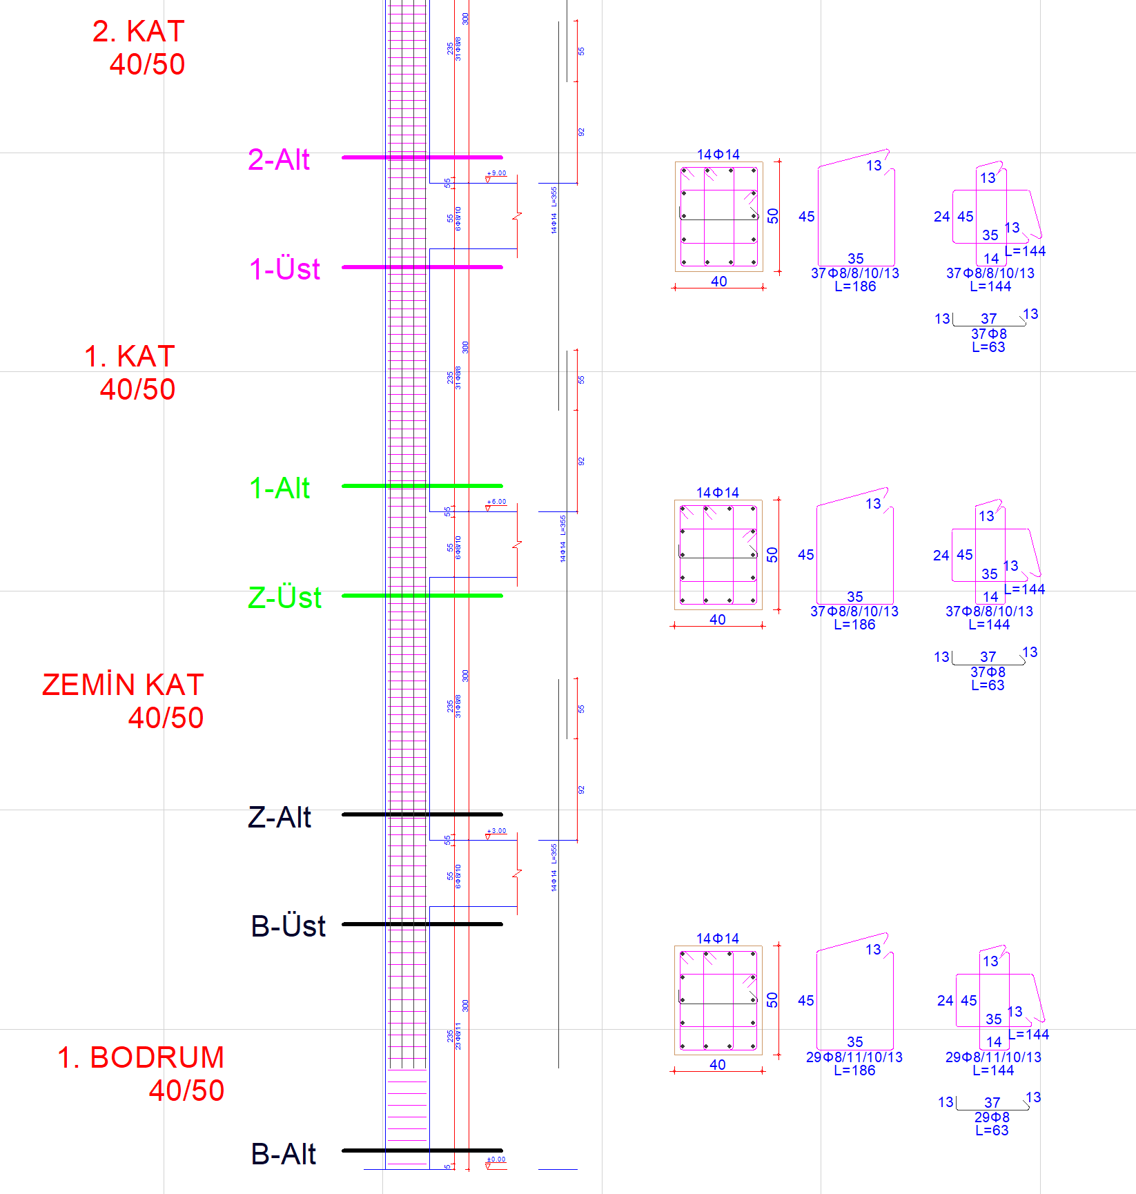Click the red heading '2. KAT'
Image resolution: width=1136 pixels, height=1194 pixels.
(139, 32)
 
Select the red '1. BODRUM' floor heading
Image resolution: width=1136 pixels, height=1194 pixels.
(141, 1057)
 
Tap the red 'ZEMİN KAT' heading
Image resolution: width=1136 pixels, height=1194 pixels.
(123, 685)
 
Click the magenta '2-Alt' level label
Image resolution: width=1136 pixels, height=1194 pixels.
(279, 159)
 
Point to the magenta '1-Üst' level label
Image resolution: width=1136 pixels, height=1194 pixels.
(284, 268)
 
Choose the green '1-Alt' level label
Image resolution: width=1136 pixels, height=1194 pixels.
(280, 488)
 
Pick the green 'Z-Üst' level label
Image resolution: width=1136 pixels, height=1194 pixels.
(284, 597)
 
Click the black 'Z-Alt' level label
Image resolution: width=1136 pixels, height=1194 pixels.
(280, 817)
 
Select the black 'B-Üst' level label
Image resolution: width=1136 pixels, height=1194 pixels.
(288, 926)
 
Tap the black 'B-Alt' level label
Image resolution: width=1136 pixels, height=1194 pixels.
(283, 1154)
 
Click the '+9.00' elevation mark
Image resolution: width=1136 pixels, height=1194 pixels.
(496, 173)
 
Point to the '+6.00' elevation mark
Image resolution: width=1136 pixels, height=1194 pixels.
(496, 502)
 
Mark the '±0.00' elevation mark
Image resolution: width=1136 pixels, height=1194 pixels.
(496, 1159)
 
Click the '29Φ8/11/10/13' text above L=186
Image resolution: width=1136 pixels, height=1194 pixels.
(854, 1057)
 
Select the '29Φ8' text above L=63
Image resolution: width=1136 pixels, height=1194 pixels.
(992, 1117)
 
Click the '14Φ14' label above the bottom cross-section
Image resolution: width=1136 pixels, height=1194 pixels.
(717, 938)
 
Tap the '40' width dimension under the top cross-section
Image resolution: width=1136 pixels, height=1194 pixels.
(718, 282)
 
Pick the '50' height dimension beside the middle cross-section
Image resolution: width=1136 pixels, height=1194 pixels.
(772, 554)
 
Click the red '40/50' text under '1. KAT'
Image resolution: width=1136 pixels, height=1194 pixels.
(137, 389)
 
